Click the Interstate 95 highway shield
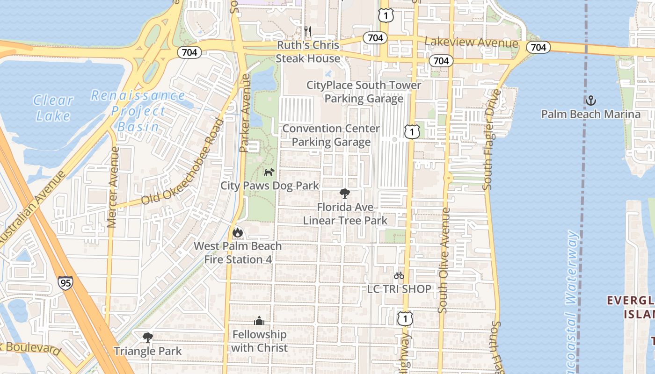[65, 283]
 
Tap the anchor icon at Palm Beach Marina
[591, 101]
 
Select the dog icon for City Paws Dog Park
[269, 173]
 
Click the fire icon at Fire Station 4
[238, 232]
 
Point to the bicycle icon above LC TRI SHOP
[399, 275]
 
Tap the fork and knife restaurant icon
[308, 31]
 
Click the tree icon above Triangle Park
[148, 337]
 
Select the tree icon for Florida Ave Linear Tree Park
[345, 194]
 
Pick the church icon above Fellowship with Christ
[259, 321]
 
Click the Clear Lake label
[53, 108]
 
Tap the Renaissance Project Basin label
[138, 111]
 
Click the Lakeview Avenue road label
[471, 43]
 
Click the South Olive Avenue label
[444, 260]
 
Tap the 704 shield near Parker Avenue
[189, 52]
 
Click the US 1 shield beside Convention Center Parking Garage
[412, 132]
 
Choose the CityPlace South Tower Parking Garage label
[364, 92]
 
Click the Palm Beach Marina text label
[590, 114]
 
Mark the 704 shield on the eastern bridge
[539, 47]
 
